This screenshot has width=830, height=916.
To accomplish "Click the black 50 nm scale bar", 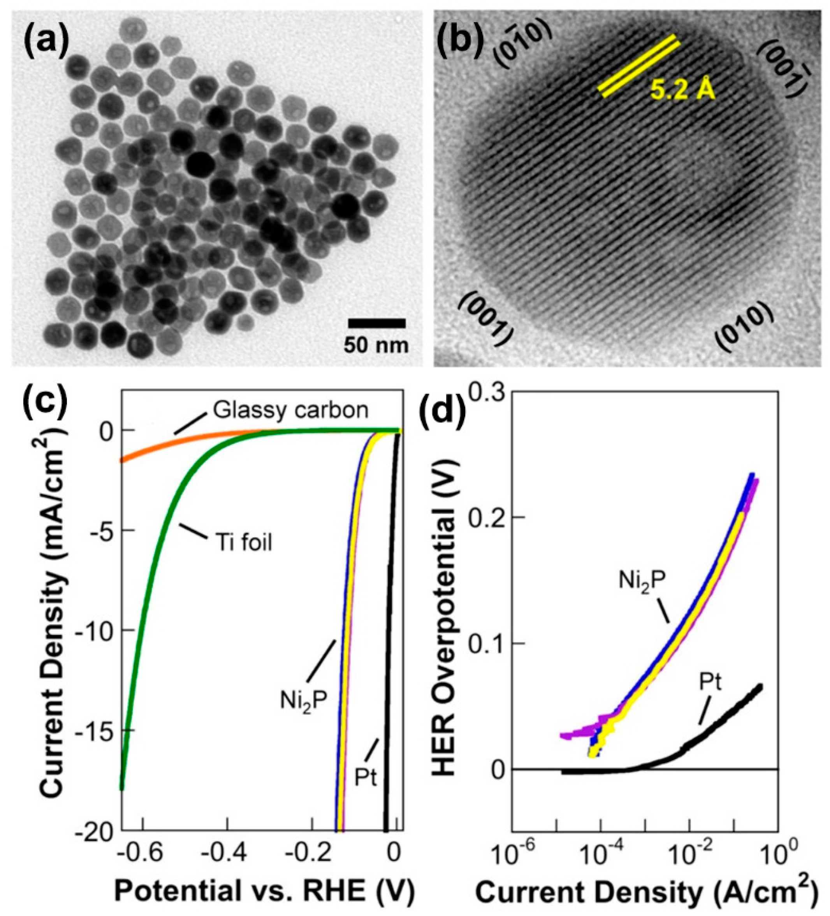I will [376, 323].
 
